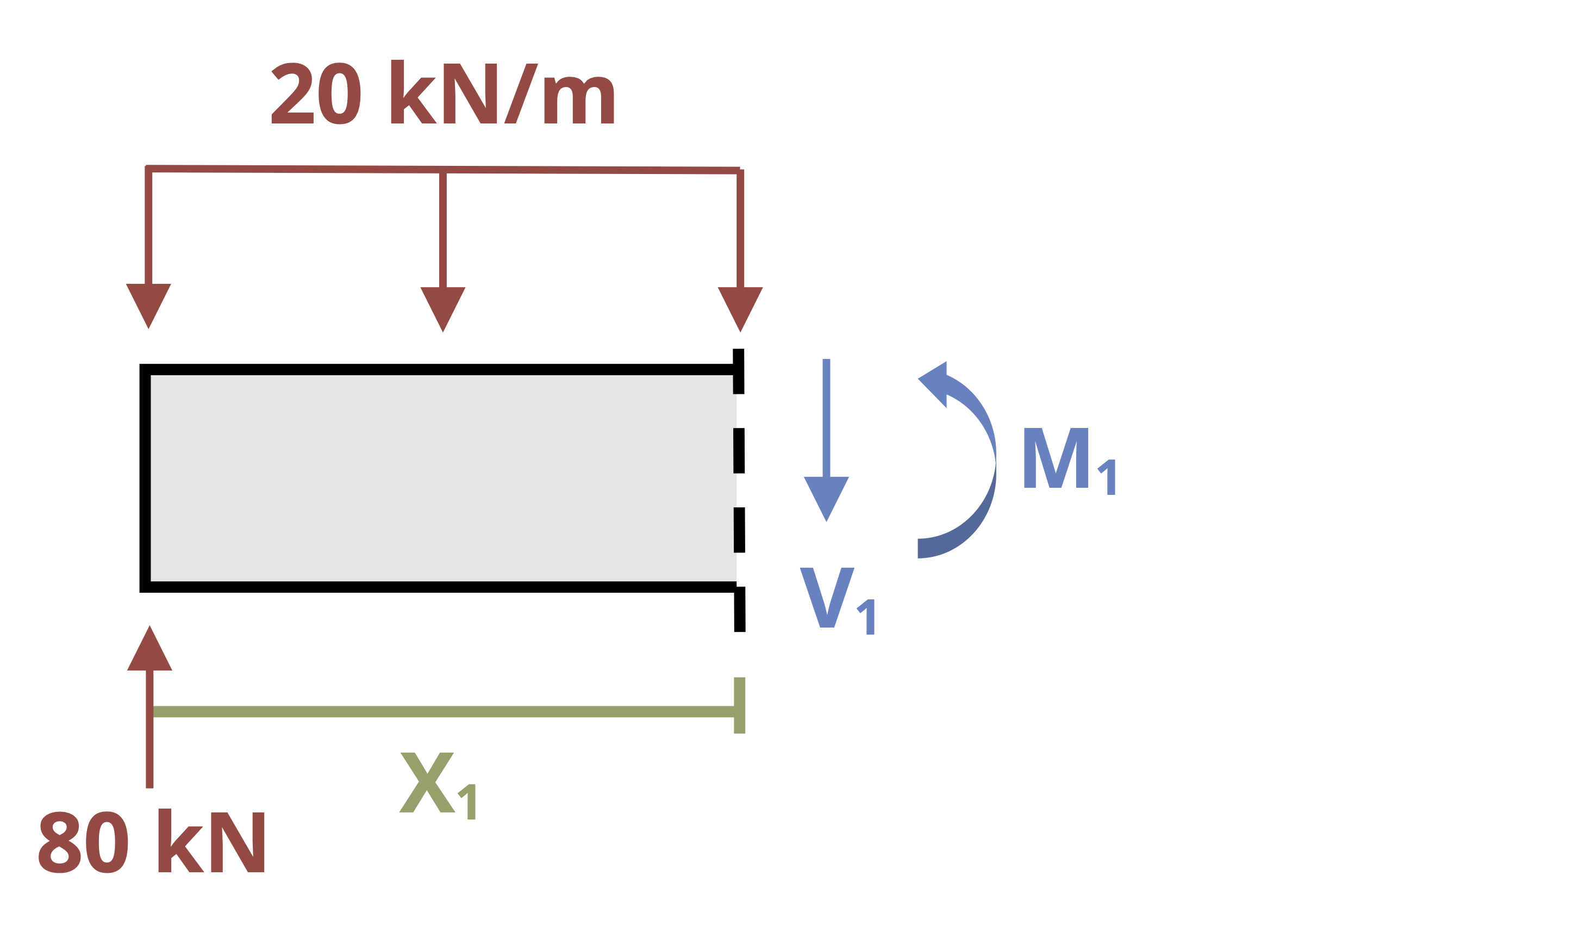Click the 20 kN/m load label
pos(442,93)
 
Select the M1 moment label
pos(1069,461)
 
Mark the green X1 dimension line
pos(444,711)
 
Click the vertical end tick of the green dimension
pos(739,705)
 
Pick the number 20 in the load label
pos(316,94)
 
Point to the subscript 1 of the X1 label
pos(467,802)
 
